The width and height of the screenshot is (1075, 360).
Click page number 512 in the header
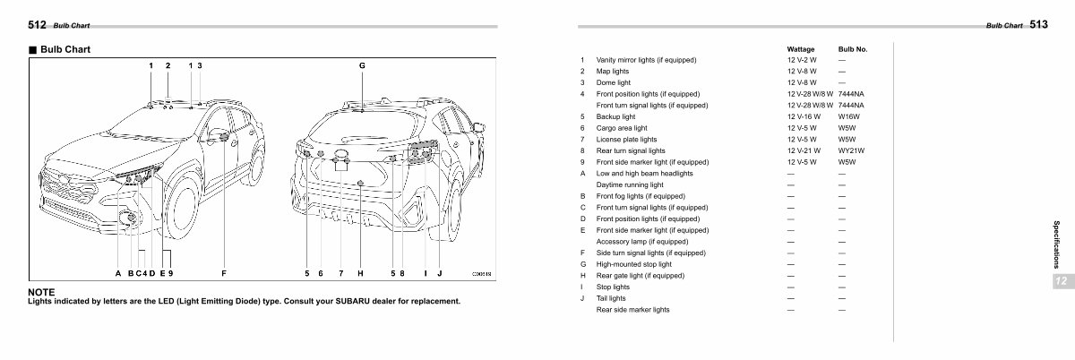click(x=38, y=26)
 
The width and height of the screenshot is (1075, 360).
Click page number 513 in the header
click(x=1038, y=26)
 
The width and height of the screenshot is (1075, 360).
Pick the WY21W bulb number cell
click(x=850, y=150)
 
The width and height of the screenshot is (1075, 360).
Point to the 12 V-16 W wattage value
click(x=802, y=116)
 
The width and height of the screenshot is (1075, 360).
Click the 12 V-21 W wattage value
click(x=802, y=150)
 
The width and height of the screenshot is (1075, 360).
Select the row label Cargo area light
click(x=624, y=128)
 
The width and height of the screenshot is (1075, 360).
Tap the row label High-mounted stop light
click(x=633, y=264)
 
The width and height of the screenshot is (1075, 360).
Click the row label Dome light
click(x=614, y=82)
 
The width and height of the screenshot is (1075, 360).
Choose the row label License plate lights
click(x=626, y=139)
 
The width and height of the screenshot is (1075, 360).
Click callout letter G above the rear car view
click(x=362, y=65)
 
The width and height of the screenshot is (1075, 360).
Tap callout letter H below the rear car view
click(x=359, y=272)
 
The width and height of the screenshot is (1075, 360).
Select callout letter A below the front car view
click(x=117, y=272)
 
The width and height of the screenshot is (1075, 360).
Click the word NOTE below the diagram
click(x=42, y=292)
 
